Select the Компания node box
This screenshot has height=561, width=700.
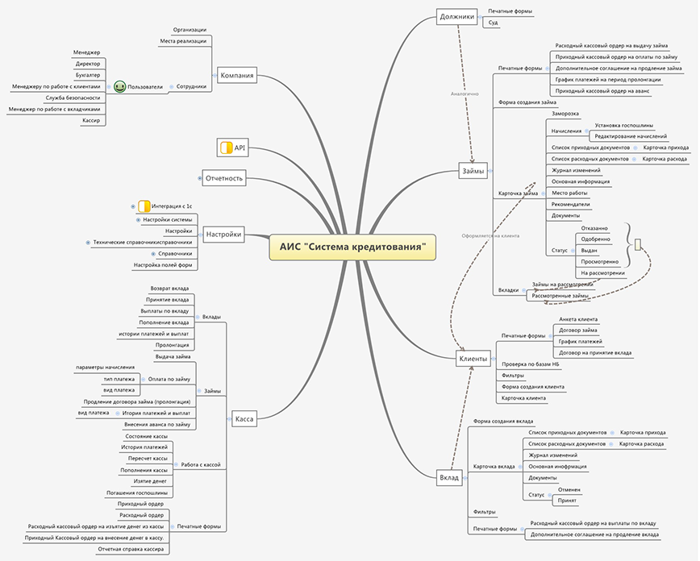237,76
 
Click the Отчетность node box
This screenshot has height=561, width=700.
223,177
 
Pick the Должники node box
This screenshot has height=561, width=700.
457,15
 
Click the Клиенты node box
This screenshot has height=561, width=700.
473,358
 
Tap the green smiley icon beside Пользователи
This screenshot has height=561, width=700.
119,86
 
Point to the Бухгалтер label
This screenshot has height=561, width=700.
89,74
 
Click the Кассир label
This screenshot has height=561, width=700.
91,120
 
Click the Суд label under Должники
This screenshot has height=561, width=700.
493,23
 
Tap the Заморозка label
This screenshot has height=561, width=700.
565,114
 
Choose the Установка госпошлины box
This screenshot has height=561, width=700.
623,125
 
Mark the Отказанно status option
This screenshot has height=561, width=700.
594,228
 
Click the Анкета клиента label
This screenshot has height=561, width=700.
578,319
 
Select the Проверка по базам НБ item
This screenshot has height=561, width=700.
531,364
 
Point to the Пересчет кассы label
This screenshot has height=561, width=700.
148,458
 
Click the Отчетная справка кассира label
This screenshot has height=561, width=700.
131,548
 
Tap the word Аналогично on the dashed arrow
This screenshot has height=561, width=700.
465,93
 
